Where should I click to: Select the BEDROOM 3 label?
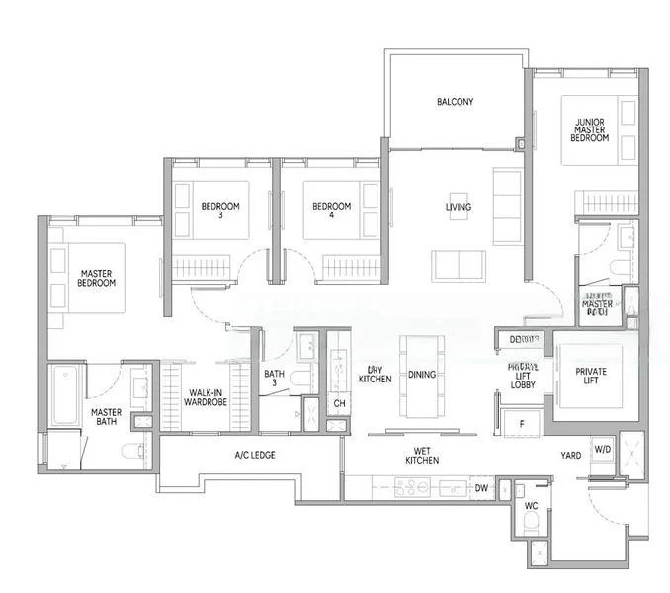coord(220,212)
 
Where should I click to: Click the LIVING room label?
coord(458,207)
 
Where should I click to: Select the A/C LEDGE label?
coord(254,455)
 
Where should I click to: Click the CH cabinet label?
coord(339,403)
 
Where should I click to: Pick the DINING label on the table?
coord(422,377)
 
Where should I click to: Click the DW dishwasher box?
coord(481,488)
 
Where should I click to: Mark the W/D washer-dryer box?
coord(603,450)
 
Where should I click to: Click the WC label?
coord(531,505)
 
